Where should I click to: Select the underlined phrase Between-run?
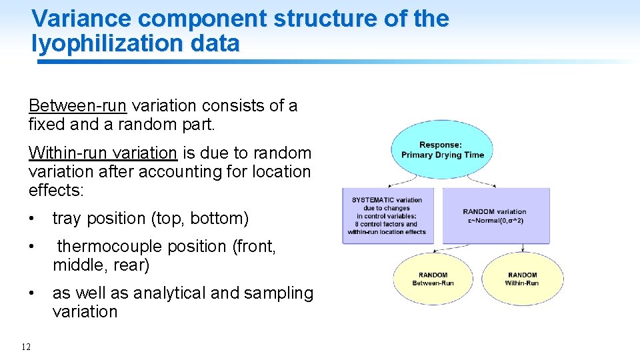pos(77,105)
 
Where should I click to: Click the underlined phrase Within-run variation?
pos(103,153)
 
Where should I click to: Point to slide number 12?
pos(26,347)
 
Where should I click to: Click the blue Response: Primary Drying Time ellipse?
pos(442,150)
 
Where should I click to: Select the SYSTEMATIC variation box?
pos(387,215)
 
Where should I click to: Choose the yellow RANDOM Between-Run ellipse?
pos(433,279)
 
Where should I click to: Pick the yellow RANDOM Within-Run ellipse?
pos(522,279)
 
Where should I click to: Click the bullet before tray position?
pos(32,219)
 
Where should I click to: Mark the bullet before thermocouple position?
pos(32,247)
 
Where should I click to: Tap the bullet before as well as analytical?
pos(32,293)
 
